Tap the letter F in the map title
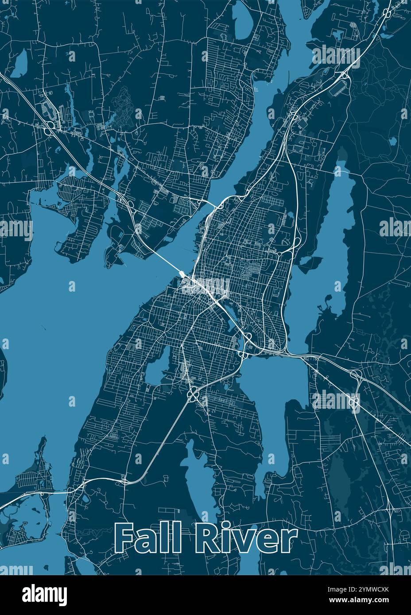[x=124, y=538]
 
